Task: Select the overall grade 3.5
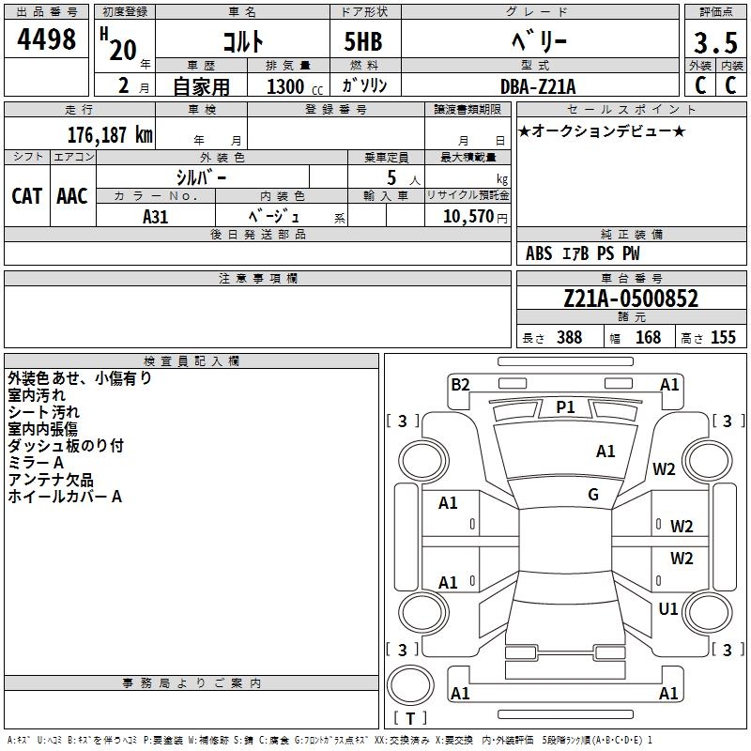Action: (713, 43)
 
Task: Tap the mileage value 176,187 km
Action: (110, 134)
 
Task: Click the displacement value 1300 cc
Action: (285, 86)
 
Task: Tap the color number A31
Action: (156, 215)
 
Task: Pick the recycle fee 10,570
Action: (467, 216)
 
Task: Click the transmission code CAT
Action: (26, 195)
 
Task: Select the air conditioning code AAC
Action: (71, 195)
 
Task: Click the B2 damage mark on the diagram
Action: (460, 384)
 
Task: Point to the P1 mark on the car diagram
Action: (565, 406)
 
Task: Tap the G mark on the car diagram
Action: (593, 495)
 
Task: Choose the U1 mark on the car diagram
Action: (668, 609)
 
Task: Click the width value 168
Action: (648, 338)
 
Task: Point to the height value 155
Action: (723, 338)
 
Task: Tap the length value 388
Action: (569, 338)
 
